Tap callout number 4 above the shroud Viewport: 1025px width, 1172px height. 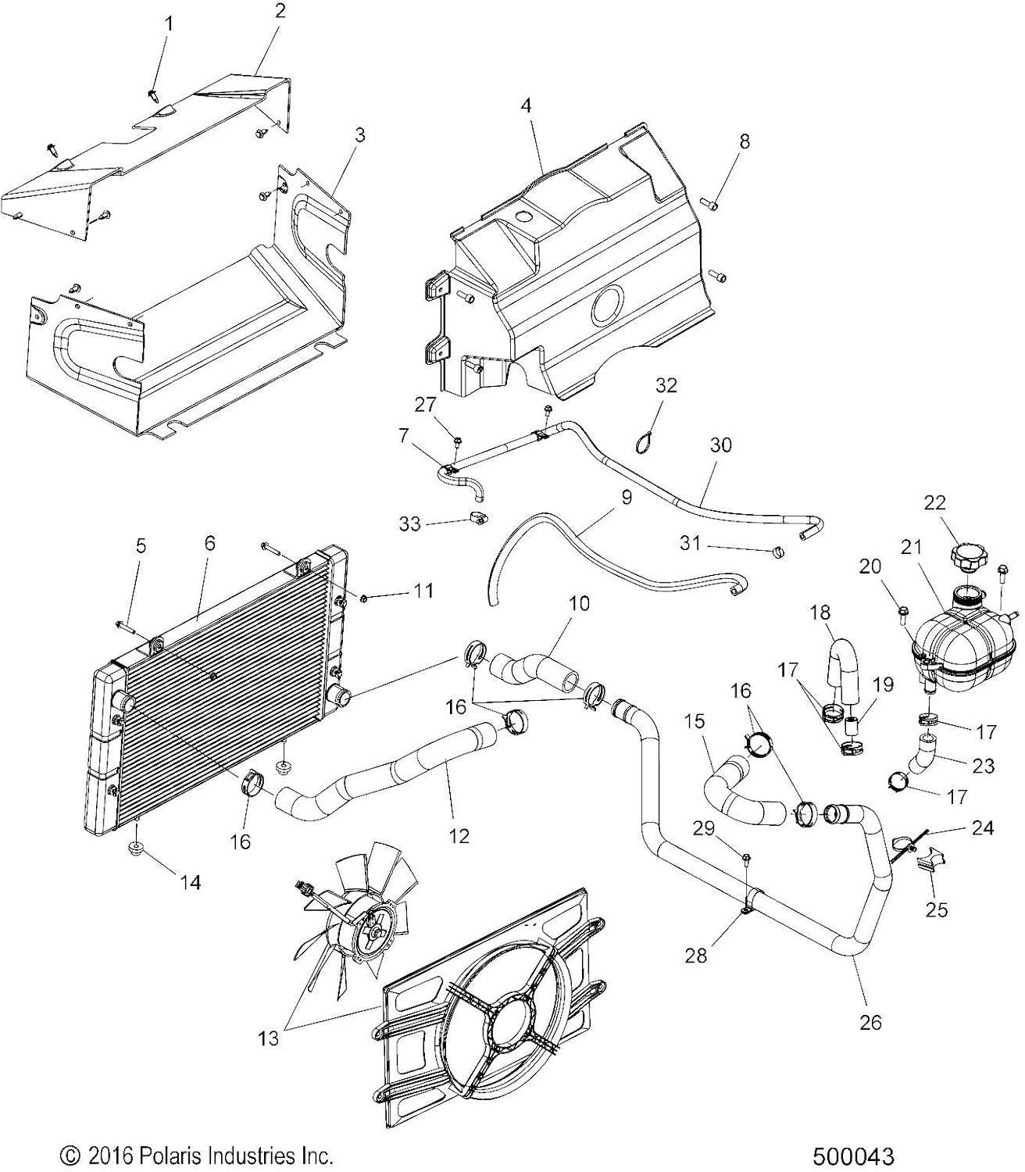pos(527,105)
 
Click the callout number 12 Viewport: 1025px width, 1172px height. pos(459,835)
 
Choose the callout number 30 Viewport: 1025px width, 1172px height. pos(720,445)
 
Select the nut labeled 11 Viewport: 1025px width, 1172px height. pos(343,599)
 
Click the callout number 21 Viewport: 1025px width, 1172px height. pos(911,547)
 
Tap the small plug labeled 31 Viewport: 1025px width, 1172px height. pos(777,553)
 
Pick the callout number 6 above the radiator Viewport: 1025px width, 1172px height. pos(209,545)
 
